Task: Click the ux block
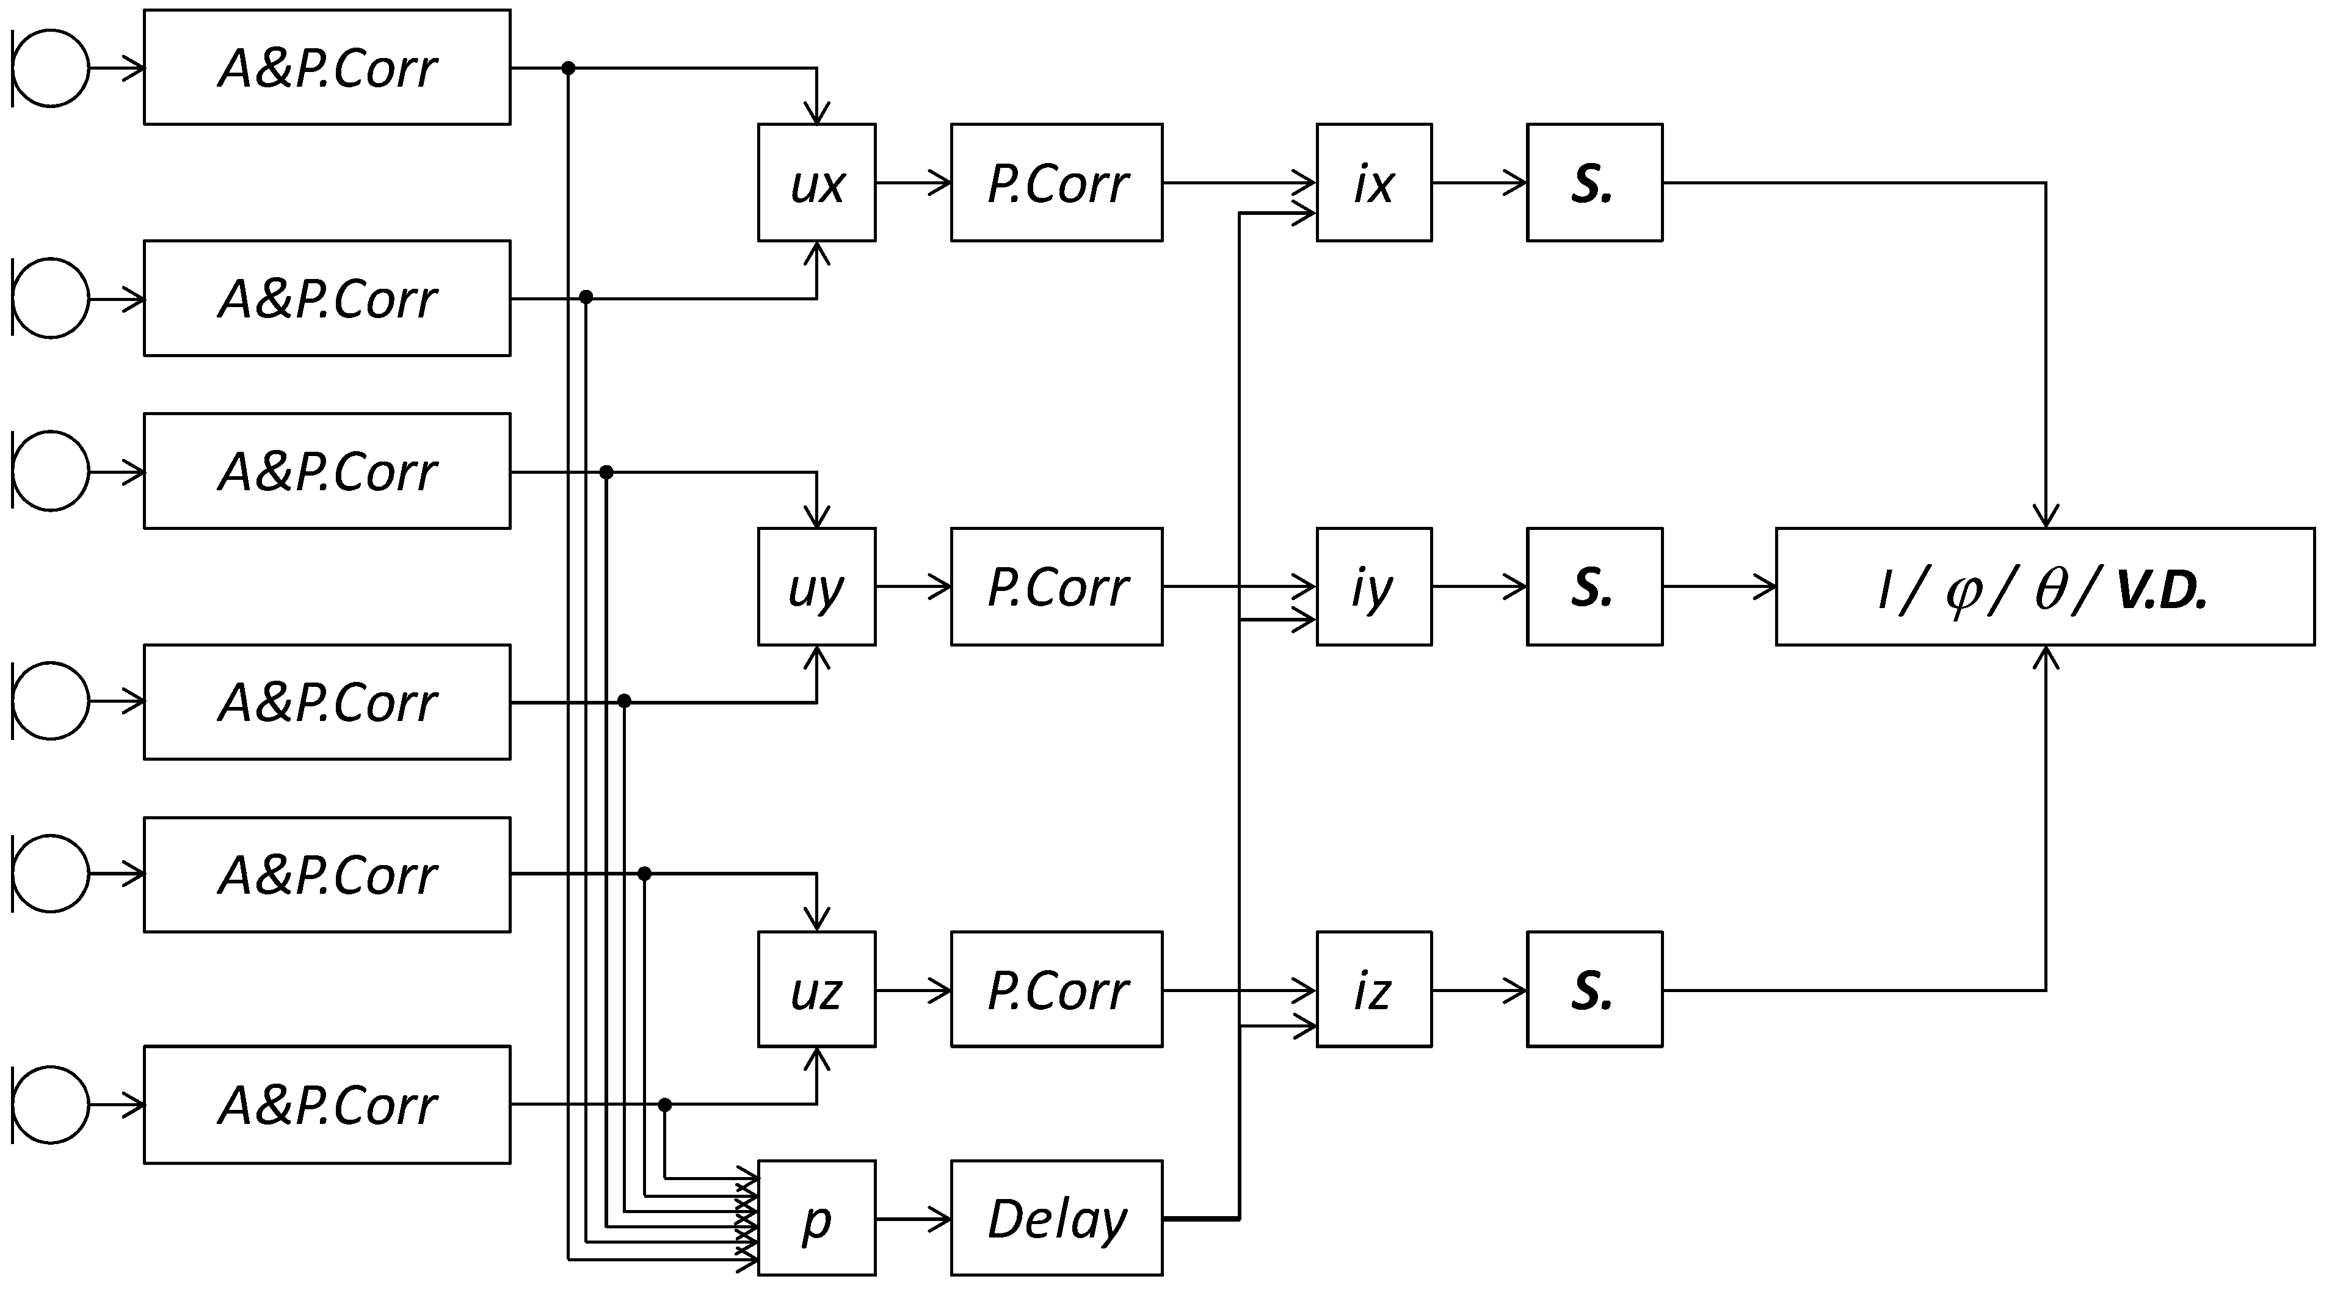(x=816, y=183)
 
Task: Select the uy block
(x=816, y=587)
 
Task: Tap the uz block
(x=816, y=990)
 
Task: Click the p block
(x=816, y=1219)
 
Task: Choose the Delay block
(x=1056, y=1219)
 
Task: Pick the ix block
(x=1373, y=183)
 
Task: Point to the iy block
(x=1373, y=587)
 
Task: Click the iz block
(x=1373, y=990)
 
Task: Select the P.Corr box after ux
(x=1056, y=183)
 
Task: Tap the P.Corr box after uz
(x=1056, y=990)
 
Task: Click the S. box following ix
(x=1594, y=183)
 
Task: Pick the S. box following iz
(x=1594, y=990)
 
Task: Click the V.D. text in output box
(x=2162, y=590)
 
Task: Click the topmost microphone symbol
(x=51, y=68)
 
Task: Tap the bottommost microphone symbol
(x=51, y=1104)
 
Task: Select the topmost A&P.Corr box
(x=327, y=68)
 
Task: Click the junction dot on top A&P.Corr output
(x=568, y=68)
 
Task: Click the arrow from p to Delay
(x=912, y=1219)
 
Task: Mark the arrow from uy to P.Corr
(x=912, y=587)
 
